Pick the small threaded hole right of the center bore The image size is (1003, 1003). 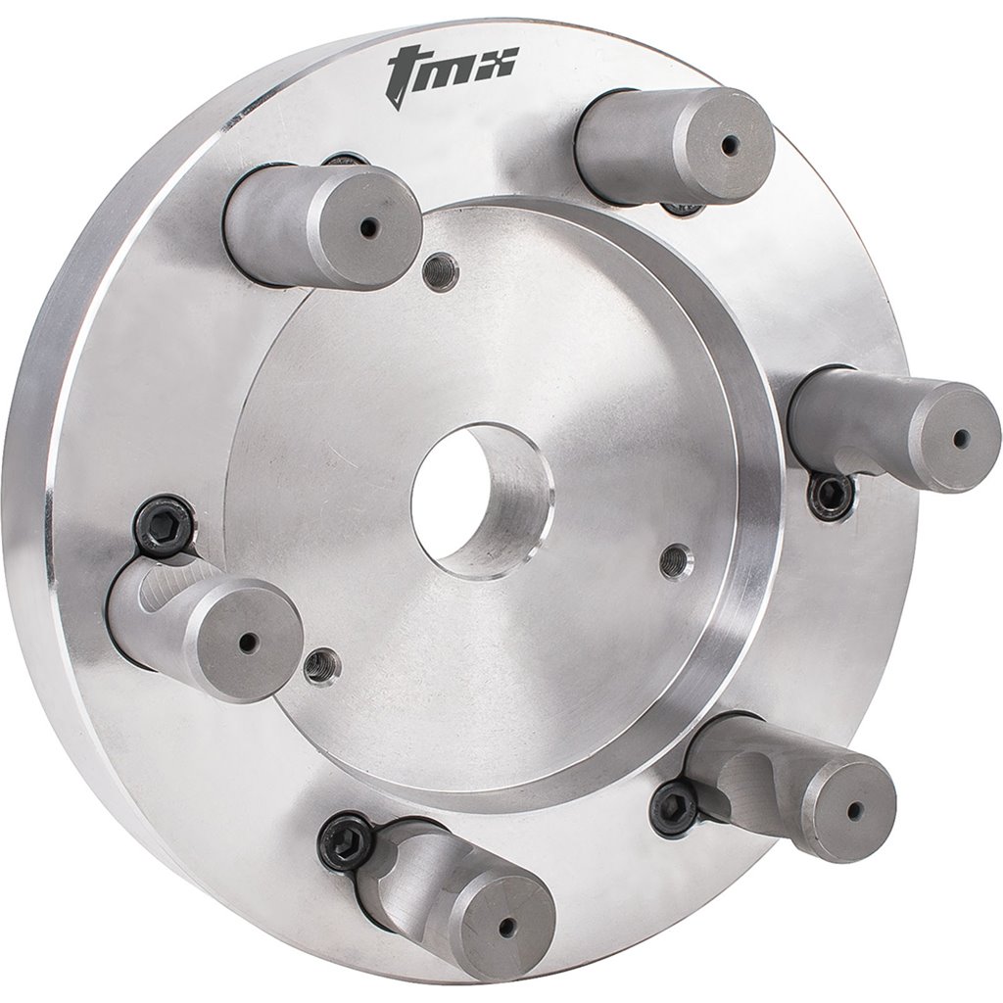tap(674, 559)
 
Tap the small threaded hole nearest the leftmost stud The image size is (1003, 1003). tap(318, 666)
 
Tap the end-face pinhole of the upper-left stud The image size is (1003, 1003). tap(367, 227)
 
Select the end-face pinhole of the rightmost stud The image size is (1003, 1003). tap(960, 438)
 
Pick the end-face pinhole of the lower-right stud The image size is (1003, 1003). tap(855, 811)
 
